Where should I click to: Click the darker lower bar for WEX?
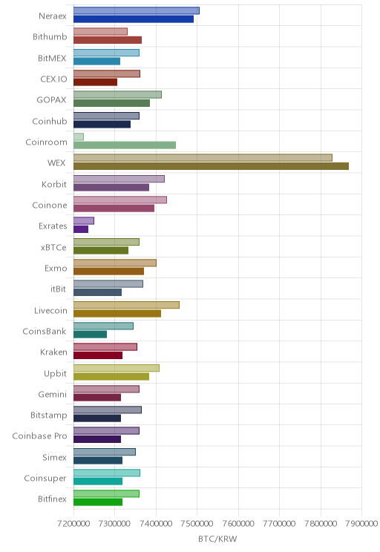pyautogui.click(x=211, y=166)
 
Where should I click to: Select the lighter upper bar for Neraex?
pyautogui.click(x=137, y=10)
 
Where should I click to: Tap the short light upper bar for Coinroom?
pyautogui.click(x=79, y=137)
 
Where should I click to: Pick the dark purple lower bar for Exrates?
pyautogui.click(x=81, y=229)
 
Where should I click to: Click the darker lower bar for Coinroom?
pyautogui.click(x=125, y=145)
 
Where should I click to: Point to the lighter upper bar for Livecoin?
pyautogui.click(x=126, y=305)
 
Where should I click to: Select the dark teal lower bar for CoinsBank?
pyautogui.click(x=90, y=335)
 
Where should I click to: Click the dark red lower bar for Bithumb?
pyautogui.click(x=108, y=40)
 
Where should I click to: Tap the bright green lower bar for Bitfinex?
pyautogui.click(x=98, y=502)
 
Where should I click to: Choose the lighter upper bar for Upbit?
pyautogui.click(x=117, y=368)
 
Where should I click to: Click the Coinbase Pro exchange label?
pyautogui.click(x=39, y=436)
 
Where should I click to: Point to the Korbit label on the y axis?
pyautogui.click(x=54, y=184)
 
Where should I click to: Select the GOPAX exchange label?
pyautogui.click(x=51, y=100)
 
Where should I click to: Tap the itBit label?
pyautogui.click(x=58, y=289)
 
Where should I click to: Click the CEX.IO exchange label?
pyautogui.click(x=53, y=79)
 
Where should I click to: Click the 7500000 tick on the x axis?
pyautogui.click(x=197, y=524)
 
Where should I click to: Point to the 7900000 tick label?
pyautogui.click(x=361, y=524)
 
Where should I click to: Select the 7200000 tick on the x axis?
pyautogui.click(x=73, y=524)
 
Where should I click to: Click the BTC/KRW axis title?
pyautogui.click(x=217, y=539)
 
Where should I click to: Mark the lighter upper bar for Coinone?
pyautogui.click(x=120, y=200)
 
